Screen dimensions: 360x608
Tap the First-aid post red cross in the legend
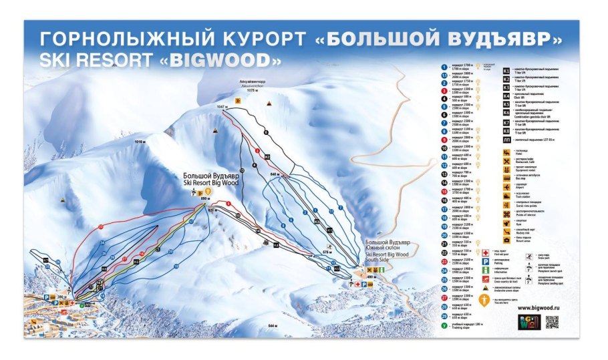pos(485,252)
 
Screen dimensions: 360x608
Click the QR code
pos(552,322)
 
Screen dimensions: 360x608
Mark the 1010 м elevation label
pos(140,142)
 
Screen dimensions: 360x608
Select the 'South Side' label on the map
pos(378,260)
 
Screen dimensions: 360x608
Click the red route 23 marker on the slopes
pos(100,227)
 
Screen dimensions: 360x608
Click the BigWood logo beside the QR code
pos(526,322)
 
